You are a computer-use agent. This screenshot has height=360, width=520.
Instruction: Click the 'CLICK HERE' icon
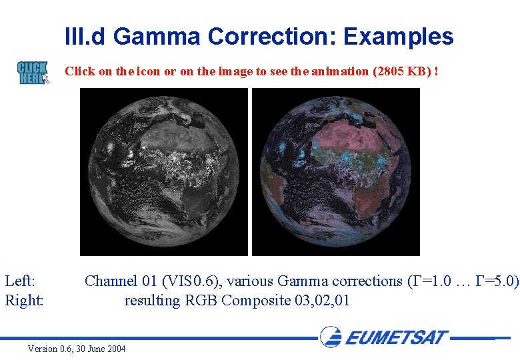tap(33, 72)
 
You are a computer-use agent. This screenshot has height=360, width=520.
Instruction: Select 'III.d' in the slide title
tap(86, 36)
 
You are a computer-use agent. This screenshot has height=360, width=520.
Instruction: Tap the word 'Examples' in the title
tap(398, 36)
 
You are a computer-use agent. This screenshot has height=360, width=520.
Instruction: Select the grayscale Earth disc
tap(164, 172)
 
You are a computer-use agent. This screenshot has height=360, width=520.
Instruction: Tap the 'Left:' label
tap(20, 281)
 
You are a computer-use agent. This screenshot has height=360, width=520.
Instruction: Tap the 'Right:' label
tap(25, 301)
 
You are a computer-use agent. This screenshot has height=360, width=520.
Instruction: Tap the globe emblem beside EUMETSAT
tap(331, 336)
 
